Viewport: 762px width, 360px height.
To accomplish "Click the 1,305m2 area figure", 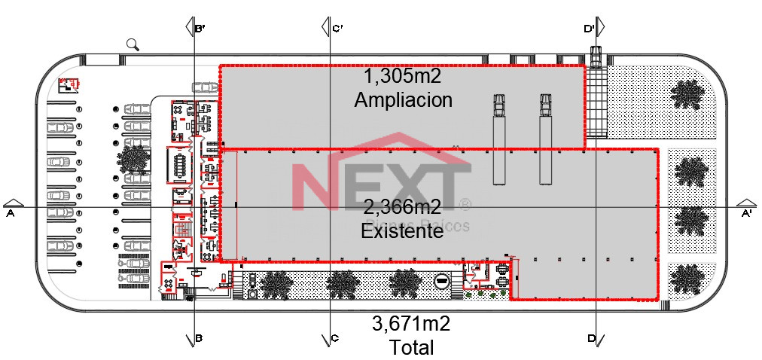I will (x=403, y=77).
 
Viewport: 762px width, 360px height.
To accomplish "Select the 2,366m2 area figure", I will (x=401, y=209).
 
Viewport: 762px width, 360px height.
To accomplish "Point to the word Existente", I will (x=401, y=232).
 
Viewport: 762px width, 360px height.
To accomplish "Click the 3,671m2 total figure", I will (x=411, y=325).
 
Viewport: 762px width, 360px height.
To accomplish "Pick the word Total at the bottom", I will (x=411, y=348).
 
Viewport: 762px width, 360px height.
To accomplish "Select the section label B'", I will (x=200, y=29).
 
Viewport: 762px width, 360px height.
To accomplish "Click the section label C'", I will (x=337, y=29).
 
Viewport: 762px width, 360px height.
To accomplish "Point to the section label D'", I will (x=589, y=29).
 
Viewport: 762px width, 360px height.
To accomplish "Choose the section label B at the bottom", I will (x=199, y=339).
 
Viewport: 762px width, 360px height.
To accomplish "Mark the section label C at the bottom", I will (x=335, y=339).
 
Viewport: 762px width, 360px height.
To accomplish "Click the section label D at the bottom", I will (x=592, y=338).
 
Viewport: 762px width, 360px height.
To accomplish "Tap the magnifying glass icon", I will (x=133, y=44).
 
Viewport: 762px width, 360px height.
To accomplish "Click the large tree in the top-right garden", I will (x=687, y=93).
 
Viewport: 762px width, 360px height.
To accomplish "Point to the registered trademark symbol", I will (x=465, y=204).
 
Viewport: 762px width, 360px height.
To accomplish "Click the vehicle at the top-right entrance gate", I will (x=596, y=53).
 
